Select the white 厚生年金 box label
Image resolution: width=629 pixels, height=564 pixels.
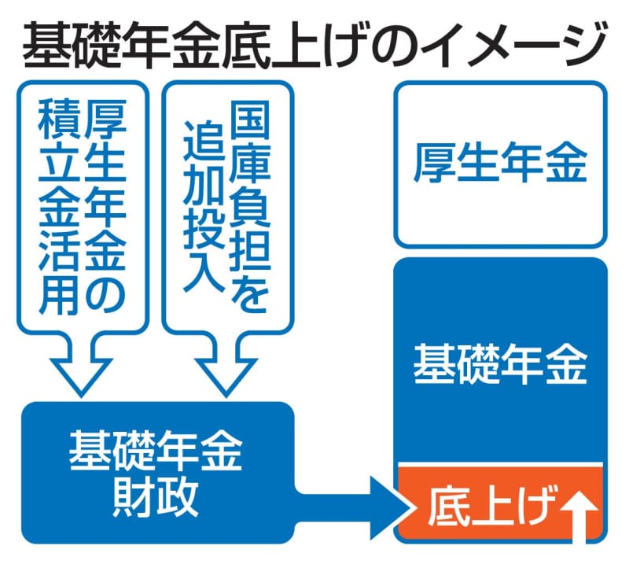click(500, 165)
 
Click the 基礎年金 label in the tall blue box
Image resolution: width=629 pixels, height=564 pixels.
click(500, 363)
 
